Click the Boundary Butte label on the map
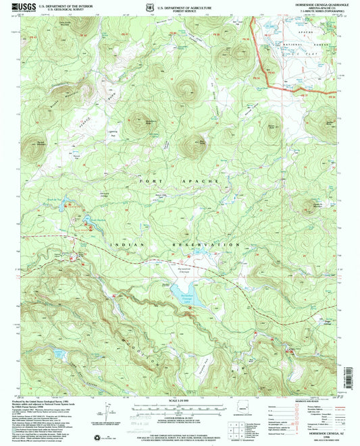point(147,122)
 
